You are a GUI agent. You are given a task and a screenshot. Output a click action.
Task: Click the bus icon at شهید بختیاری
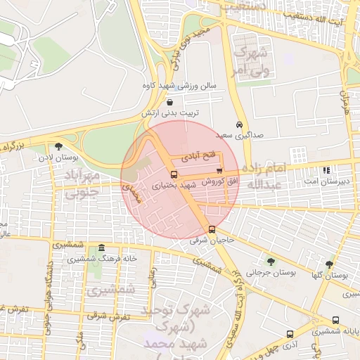(174, 174)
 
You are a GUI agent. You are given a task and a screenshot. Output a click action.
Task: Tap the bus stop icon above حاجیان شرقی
(212, 229)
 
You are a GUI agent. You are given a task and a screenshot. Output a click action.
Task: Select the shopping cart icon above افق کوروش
(219, 170)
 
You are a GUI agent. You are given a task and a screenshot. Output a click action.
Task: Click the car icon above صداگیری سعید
(240, 123)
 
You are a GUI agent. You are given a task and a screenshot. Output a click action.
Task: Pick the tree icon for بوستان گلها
(329, 264)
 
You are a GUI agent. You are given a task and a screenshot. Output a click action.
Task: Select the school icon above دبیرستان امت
(326, 170)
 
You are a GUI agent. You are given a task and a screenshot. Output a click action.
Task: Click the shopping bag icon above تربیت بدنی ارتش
(171, 103)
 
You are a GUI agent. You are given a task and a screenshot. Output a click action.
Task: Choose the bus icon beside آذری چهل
(289, 334)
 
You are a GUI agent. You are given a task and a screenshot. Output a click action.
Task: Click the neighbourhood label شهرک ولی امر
(251, 61)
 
